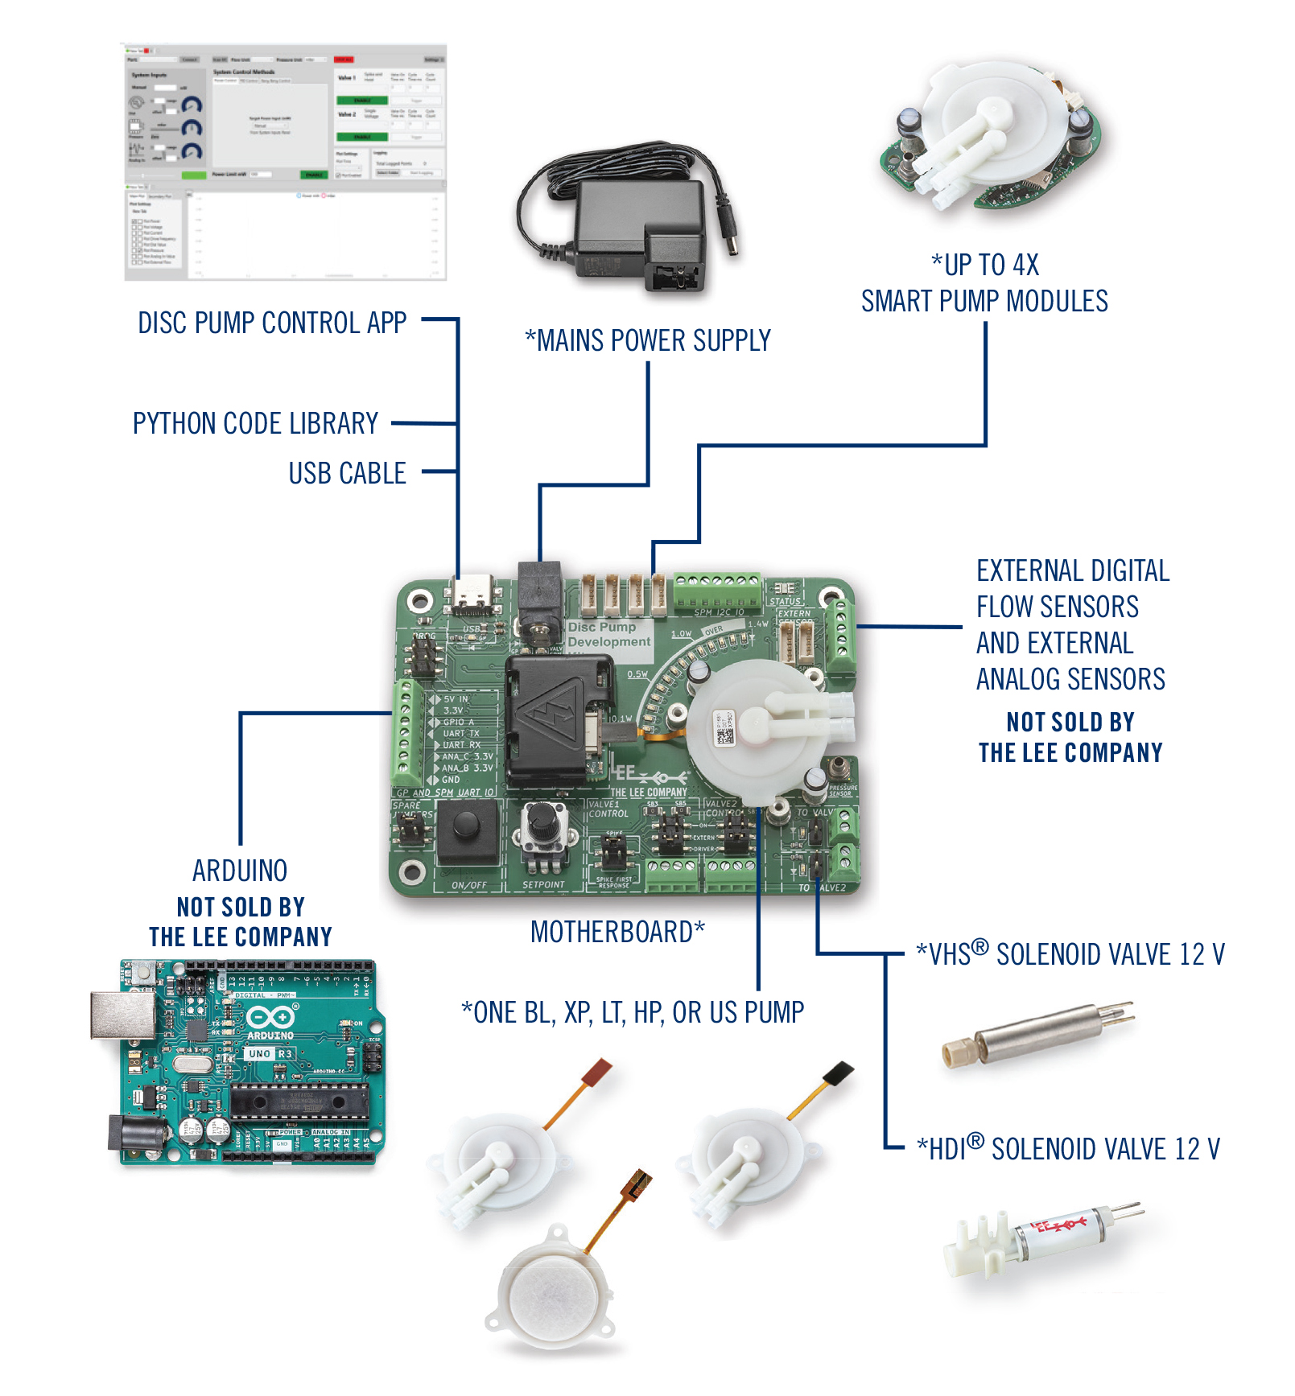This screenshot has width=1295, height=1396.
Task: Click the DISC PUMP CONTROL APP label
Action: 272,323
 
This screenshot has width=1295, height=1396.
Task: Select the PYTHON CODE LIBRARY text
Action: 255,423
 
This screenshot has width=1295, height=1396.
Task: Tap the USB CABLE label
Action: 347,473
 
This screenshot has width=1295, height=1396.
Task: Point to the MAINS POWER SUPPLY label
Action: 648,340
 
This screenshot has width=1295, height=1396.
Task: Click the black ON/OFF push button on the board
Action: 466,826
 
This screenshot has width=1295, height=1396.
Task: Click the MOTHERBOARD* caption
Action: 617,932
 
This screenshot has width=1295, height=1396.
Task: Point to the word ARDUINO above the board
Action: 240,871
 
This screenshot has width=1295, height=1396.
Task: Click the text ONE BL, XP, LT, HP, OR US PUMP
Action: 633,1012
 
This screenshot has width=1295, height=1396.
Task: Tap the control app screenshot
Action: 285,162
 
